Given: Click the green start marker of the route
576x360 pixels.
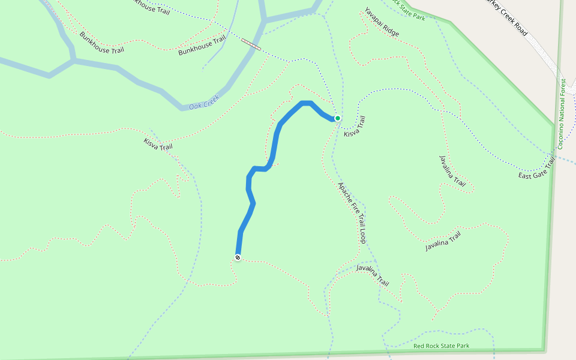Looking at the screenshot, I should coord(338,118).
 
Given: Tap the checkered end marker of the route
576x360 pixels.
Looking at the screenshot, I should coord(238,257).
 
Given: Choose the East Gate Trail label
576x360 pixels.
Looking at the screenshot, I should coord(536,167).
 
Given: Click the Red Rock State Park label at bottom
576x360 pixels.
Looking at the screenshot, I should coord(441,346).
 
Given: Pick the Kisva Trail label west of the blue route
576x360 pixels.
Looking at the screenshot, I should coord(158,144).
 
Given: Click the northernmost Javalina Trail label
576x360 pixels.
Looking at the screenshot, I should coord(452,172).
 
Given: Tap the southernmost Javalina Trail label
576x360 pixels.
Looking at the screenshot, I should coord(373,275).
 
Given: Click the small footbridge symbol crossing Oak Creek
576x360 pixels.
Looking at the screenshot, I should coord(251,44).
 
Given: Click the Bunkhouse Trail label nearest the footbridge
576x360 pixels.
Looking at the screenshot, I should coord(202,46).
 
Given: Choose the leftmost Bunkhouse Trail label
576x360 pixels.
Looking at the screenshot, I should coord(103,43).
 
